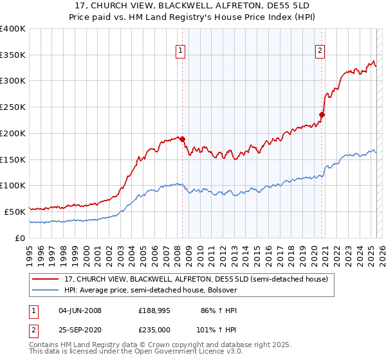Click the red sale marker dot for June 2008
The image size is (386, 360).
[x=182, y=138]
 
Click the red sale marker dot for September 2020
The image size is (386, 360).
[x=322, y=115]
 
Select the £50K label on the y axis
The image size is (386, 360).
[x=15, y=212]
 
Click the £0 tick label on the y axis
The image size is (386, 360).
[x=20, y=238]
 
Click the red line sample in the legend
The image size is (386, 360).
[x=45, y=279]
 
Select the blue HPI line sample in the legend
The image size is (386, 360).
[x=45, y=291]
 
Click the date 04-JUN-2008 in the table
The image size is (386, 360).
[x=80, y=310]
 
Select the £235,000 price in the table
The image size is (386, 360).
[x=154, y=329]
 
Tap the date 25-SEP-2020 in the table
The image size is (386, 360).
[x=80, y=329]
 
